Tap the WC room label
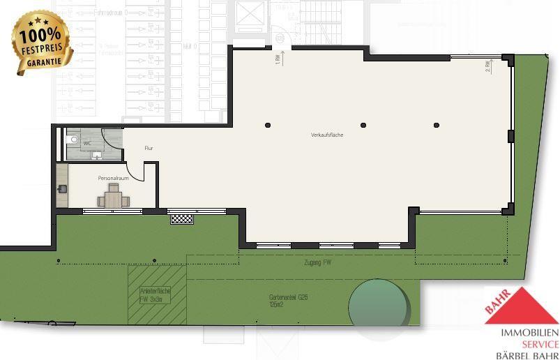(x=87, y=143)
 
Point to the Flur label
(x=149, y=148)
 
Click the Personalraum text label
(x=113, y=179)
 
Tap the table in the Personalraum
(x=114, y=199)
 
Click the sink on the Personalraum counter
(x=63, y=188)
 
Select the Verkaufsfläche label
(x=327, y=134)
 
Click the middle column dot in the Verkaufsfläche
(x=363, y=126)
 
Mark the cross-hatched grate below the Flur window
(x=182, y=218)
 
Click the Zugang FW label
(x=318, y=262)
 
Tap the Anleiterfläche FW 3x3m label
(x=155, y=294)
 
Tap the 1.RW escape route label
(x=278, y=59)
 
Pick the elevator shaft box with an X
(x=248, y=14)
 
